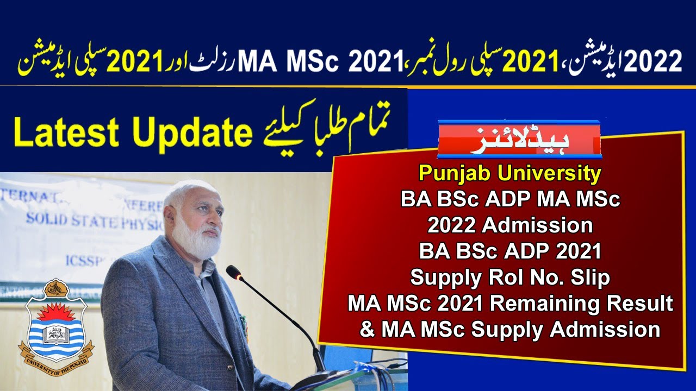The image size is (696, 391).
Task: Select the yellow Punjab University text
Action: pyautogui.click(x=509, y=174)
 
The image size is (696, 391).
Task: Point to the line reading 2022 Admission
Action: pyautogui.click(x=509, y=225)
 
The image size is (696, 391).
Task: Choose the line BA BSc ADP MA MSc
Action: pyautogui.click(x=509, y=200)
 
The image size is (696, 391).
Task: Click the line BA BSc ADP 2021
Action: pyautogui.click(x=509, y=251)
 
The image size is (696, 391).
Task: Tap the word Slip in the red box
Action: pyautogui.click(x=588, y=278)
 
